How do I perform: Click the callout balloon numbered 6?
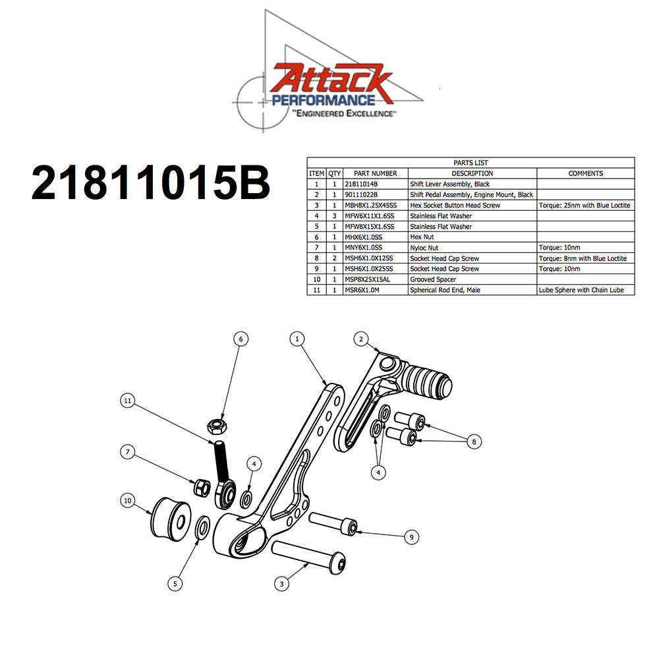[241, 339]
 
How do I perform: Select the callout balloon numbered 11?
[128, 400]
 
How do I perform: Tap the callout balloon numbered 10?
[128, 501]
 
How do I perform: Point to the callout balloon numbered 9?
[411, 538]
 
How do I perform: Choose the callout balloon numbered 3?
[281, 583]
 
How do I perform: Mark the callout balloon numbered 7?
[128, 452]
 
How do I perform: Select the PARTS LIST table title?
[471, 163]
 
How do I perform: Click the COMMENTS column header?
[585, 173]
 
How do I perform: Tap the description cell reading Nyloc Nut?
[426, 248]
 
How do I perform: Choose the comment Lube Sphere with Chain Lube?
[585, 290]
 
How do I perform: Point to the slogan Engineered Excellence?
[345, 114]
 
